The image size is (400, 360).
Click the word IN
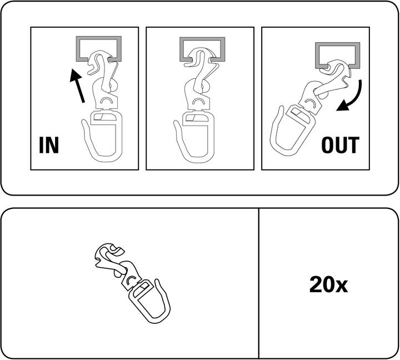49,145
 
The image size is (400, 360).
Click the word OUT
341,145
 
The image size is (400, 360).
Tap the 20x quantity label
328,285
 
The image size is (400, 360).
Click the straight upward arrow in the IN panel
78,86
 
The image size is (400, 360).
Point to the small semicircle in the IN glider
106,99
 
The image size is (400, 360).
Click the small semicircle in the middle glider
197,100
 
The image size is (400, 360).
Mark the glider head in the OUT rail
337,66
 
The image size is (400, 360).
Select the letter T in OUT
354,145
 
